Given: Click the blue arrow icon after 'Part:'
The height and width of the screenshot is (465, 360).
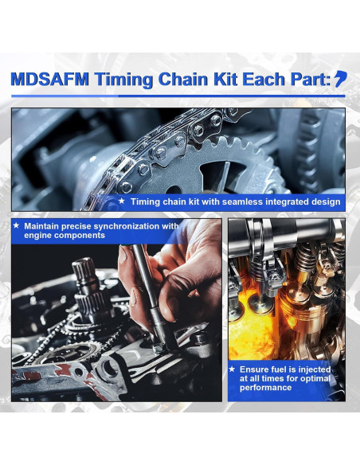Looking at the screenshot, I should (340, 78).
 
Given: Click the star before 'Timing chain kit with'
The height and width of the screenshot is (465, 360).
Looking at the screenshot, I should (121, 201).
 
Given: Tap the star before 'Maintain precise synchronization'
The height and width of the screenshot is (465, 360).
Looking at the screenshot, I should (16, 226).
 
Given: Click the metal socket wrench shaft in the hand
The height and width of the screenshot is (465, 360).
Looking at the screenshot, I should (147, 295).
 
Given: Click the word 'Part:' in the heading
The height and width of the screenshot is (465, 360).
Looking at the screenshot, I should (306, 79).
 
